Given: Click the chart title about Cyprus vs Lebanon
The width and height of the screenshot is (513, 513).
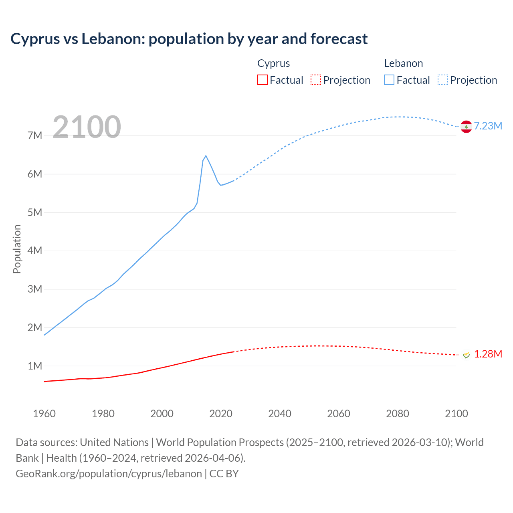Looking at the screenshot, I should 189,39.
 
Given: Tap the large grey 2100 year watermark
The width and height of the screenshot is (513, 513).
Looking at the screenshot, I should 87,127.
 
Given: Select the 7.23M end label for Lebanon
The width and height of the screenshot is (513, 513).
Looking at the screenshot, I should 488,126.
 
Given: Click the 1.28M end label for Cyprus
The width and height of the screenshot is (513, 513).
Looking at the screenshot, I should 488,354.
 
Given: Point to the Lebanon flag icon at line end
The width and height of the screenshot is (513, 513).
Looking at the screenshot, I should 466,126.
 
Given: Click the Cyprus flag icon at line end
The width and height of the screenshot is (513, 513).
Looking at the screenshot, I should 466,355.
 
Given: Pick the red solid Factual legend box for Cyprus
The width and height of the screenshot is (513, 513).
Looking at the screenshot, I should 263,80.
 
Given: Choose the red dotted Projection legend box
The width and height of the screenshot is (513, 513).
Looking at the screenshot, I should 316,80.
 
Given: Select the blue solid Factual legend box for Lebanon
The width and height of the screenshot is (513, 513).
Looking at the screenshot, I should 389,80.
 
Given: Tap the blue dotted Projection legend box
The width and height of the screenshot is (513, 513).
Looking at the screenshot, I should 442,80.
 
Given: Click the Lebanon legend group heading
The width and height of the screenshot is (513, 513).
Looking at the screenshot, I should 403,63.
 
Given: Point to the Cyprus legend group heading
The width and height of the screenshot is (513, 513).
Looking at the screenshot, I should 273,63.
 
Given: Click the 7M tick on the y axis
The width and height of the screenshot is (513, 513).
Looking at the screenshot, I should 35,135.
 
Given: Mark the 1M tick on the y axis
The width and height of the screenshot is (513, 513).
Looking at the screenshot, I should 35,366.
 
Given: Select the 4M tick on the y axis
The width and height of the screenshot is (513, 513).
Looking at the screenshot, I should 35,250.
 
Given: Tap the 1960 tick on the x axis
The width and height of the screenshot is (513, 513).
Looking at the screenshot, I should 44,414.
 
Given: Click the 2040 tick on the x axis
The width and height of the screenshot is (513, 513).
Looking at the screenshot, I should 280,414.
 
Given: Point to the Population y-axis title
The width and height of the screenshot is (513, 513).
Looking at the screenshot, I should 17,249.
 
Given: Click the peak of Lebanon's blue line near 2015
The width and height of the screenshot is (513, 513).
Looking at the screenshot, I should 206,156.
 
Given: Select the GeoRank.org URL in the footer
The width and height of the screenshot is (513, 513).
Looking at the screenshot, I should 109,474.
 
